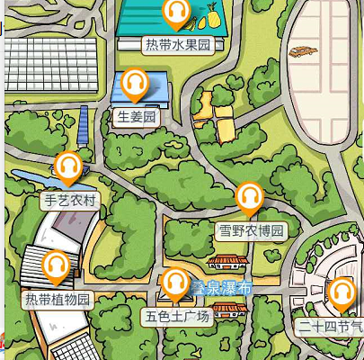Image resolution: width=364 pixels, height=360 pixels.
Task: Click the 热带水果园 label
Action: click(x=180, y=44)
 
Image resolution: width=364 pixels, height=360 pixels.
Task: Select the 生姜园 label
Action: click(x=137, y=116)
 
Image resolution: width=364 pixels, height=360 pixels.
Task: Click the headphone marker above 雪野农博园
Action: click(x=250, y=196)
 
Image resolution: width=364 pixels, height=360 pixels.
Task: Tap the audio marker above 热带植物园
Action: click(x=57, y=265)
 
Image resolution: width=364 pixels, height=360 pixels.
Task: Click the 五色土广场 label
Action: click(x=176, y=316)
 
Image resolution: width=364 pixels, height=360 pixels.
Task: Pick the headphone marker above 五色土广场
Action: click(x=175, y=283)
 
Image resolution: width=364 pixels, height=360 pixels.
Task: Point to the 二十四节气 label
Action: click(x=333, y=326)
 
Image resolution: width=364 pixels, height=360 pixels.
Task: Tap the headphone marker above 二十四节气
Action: click(x=341, y=292)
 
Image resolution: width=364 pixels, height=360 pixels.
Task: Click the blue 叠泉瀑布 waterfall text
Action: click(x=221, y=288)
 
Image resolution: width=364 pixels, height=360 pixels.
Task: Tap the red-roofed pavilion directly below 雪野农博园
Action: click(x=227, y=261)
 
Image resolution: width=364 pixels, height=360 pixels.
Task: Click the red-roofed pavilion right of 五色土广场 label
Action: click(x=230, y=310)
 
